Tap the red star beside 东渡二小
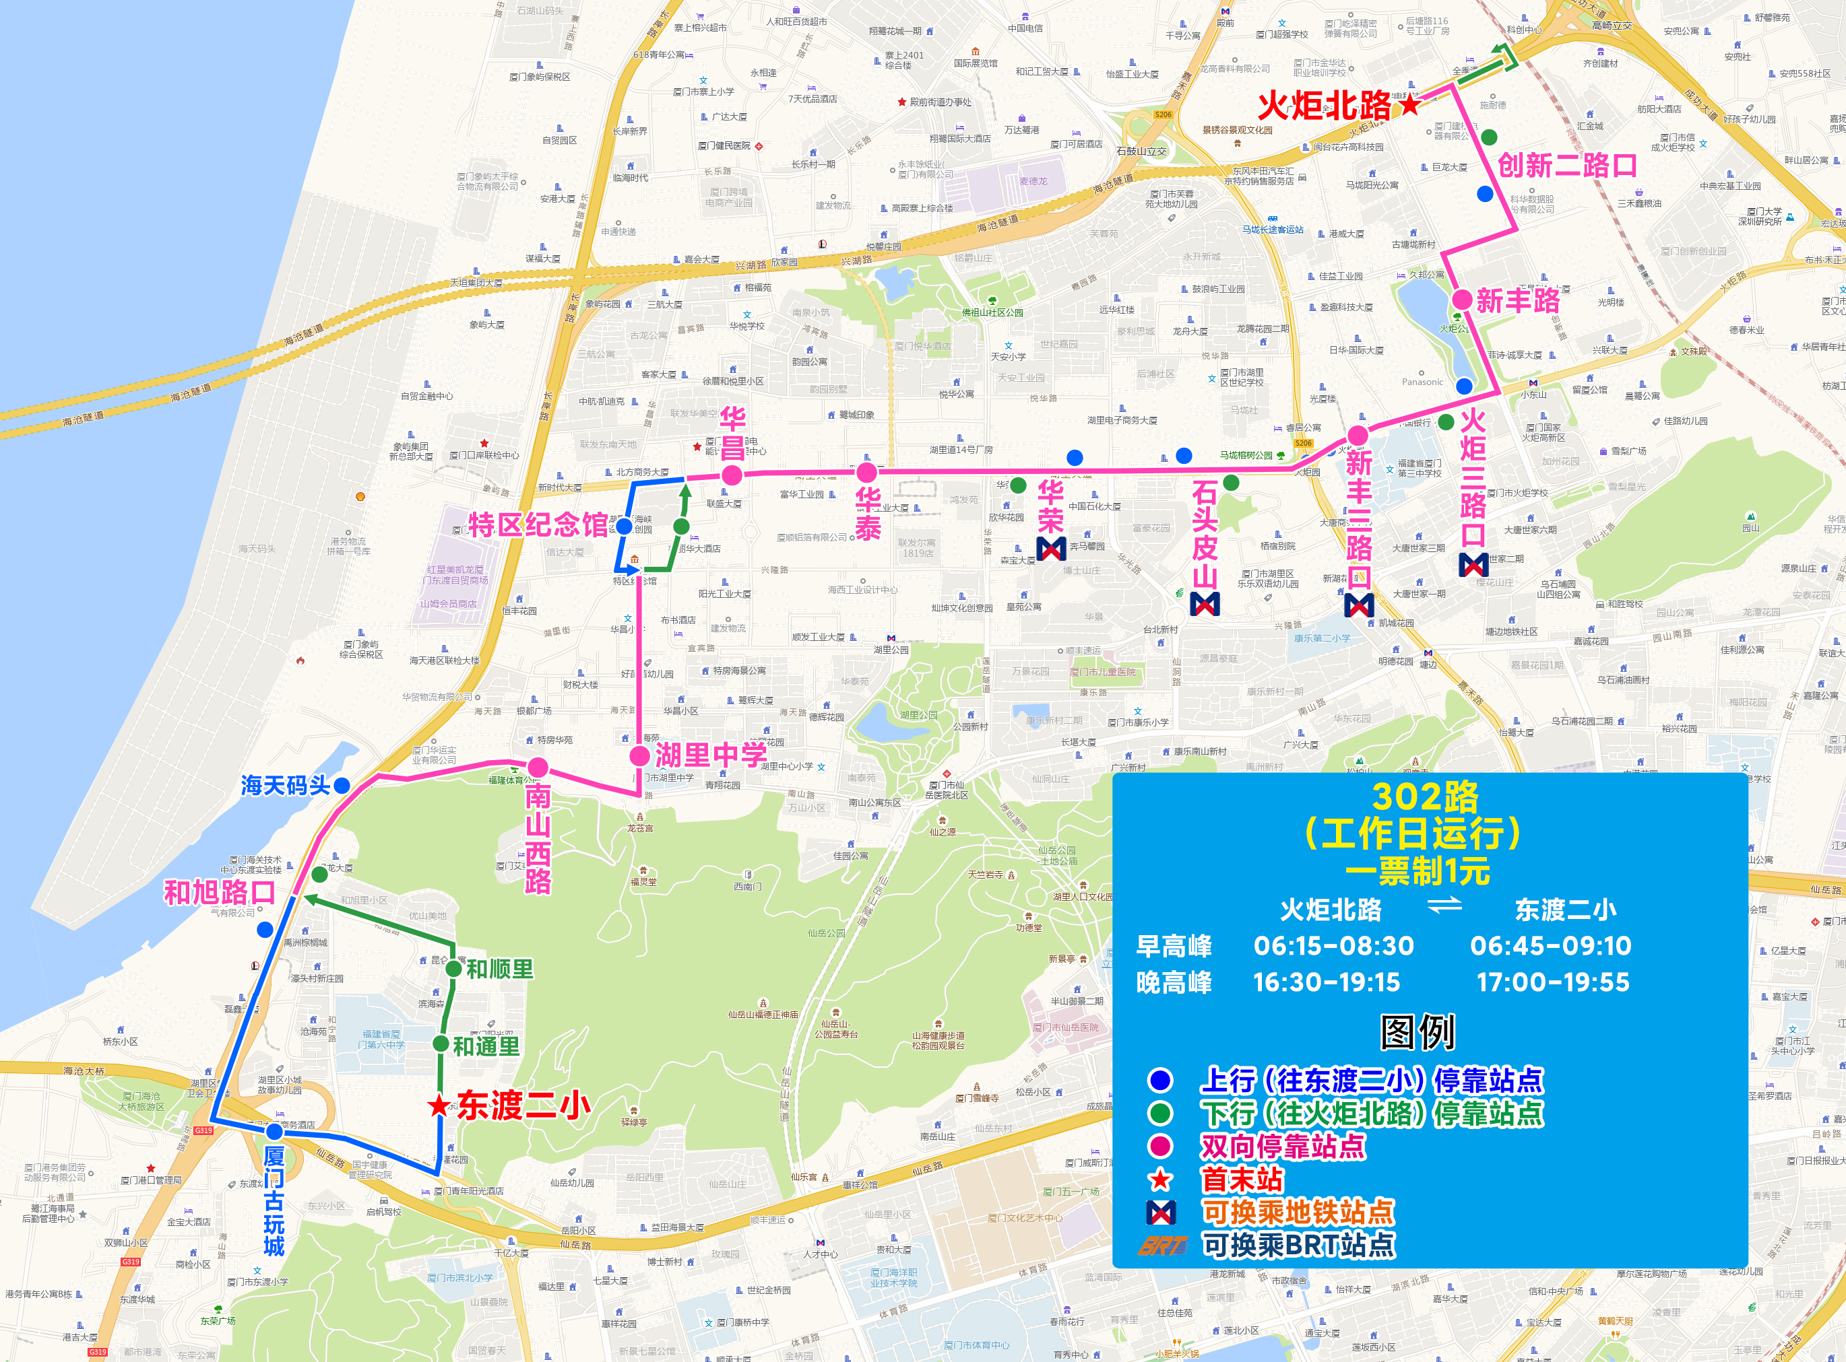point(439,1105)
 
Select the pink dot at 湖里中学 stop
point(639,755)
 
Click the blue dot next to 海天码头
point(342,785)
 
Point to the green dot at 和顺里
point(453,968)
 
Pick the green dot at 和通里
point(441,1044)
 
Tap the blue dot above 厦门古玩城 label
point(275,1132)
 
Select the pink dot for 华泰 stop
point(866,473)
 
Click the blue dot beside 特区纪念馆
point(625,526)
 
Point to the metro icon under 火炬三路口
point(1474,565)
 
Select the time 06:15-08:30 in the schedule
point(1334,946)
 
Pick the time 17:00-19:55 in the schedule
point(1553,982)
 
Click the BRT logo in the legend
point(1161,1245)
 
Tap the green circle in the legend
point(1161,1113)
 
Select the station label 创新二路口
point(1567,166)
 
